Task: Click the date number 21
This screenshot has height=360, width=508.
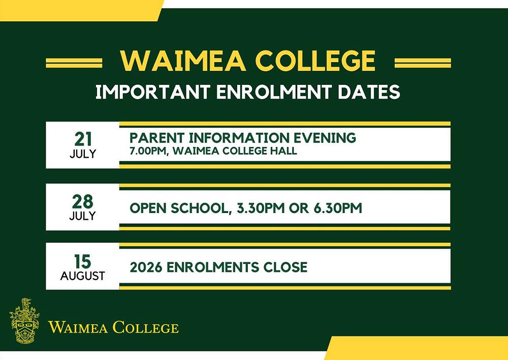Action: point(82,139)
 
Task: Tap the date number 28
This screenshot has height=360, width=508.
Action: point(82,201)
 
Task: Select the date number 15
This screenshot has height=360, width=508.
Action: point(82,261)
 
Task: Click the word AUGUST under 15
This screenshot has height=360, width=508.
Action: point(82,276)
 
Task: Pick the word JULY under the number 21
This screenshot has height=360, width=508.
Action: point(82,154)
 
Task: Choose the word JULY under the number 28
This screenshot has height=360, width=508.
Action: point(82,216)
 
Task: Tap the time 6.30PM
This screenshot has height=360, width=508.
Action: point(333,207)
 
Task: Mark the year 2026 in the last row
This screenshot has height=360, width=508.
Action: point(144,267)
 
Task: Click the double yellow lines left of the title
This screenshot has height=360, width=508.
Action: point(74,63)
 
